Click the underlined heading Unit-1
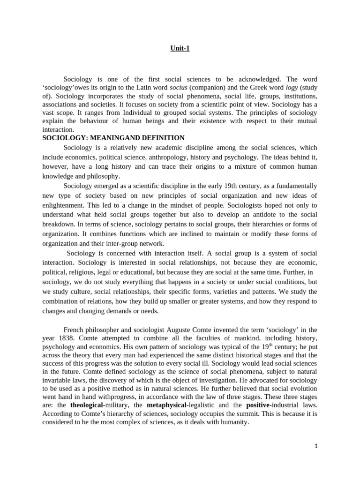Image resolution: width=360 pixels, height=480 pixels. [x=180, y=48]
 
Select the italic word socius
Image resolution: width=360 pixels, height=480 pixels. [x=179, y=87]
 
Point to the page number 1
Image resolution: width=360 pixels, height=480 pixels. [x=316, y=446]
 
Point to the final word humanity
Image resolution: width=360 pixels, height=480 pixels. [x=232, y=422]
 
